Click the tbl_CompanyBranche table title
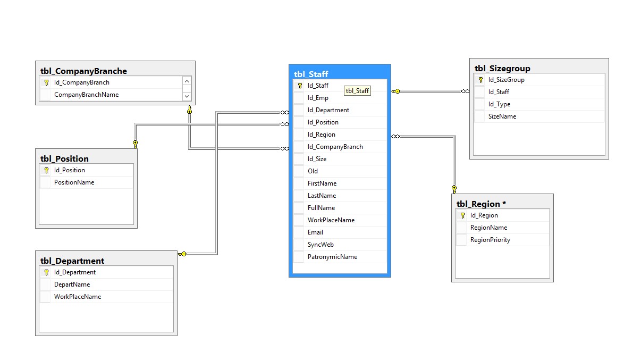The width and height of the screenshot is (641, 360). (83, 71)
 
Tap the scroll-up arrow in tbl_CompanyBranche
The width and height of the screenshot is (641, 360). (187, 81)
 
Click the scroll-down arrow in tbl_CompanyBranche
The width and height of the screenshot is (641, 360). (187, 96)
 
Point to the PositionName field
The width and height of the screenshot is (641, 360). (74, 182)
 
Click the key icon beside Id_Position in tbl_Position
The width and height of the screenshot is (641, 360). (46, 170)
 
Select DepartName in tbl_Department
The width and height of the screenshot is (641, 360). (72, 284)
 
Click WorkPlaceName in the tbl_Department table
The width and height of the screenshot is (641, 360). (78, 297)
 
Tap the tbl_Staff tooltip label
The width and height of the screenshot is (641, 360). (357, 91)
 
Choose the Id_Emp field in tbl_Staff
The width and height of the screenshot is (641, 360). (318, 98)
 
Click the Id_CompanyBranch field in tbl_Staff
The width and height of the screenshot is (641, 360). (335, 147)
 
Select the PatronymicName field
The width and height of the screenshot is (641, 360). (332, 257)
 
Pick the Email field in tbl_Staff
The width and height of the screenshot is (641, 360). (315, 232)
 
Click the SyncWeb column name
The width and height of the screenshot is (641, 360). (320, 245)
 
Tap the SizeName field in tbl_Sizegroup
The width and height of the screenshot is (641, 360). (502, 116)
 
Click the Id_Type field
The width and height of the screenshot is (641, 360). (499, 104)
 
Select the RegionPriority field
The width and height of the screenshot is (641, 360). (490, 240)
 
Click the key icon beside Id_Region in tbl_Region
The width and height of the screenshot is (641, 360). (462, 215)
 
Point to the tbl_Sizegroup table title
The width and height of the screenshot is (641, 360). (502, 69)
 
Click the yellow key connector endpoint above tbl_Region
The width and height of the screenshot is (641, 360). (454, 189)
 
